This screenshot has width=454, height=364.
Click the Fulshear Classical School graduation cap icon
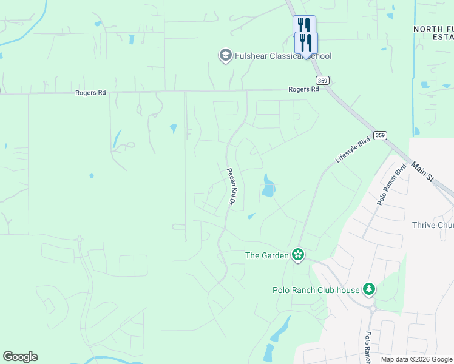click(x=225, y=56)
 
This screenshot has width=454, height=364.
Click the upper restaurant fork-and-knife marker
click(x=304, y=25)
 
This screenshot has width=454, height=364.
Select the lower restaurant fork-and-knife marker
click(x=306, y=42)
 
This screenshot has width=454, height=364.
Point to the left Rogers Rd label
click(x=90, y=93)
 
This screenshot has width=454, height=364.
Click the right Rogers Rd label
click(x=303, y=89)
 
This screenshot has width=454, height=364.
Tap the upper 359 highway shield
click(x=322, y=80)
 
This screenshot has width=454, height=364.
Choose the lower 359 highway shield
click(x=380, y=135)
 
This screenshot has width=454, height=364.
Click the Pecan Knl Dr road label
click(x=231, y=186)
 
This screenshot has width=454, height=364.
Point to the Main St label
click(x=422, y=171)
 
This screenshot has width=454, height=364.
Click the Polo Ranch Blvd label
click(x=390, y=184)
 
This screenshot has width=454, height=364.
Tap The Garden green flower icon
click(x=297, y=255)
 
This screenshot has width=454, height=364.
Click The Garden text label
click(x=266, y=255)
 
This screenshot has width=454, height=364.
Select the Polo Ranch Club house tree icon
click(x=368, y=289)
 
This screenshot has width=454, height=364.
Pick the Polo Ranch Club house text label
click(x=316, y=290)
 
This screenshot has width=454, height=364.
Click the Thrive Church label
click(x=432, y=225)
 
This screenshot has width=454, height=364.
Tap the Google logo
click(x=20, y=357)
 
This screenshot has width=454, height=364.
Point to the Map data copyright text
click(x=416, y=359)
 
